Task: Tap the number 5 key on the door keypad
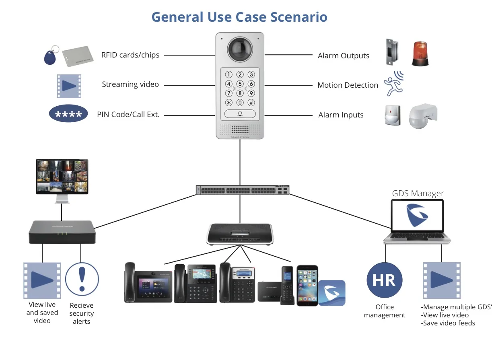[x=240, y=84]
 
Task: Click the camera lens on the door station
[x=240, y=49]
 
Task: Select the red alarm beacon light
[x=420, y=53]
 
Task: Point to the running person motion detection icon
[x=394, y=84]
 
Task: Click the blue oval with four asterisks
[x=68, y=113]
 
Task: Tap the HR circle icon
[x=384, y=280]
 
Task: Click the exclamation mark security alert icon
[x=82, y=279]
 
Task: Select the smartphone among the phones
[x=307, y=286]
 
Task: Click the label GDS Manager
[x=418, y=193]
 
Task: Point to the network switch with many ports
[x=243, y=190]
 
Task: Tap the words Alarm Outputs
[x=343, y=56]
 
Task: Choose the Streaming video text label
[x=130, y=84]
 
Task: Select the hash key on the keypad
[x=251, y=102]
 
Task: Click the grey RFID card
[x=78, y=56]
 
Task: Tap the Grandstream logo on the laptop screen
[x=417, y=215]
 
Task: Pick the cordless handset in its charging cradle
[x=287, y=286]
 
